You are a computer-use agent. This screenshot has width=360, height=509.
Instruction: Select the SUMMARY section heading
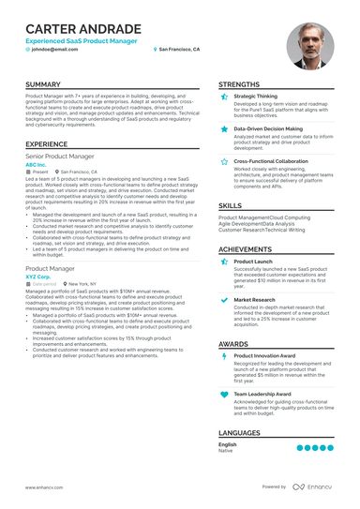point(44,84)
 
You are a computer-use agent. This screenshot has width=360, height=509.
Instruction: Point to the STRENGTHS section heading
point(239,84)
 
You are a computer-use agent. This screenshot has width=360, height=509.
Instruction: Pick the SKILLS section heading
point(230,204)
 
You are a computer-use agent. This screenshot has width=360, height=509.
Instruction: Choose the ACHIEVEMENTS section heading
point(246,249)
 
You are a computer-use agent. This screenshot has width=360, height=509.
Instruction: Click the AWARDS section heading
point(233,344)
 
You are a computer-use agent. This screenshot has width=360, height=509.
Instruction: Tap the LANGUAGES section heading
point(240,433)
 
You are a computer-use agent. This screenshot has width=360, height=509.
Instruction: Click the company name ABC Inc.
point(36,164)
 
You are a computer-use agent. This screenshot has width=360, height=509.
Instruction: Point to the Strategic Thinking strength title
point(255,96)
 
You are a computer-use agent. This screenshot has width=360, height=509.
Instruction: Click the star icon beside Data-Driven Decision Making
point(223,128)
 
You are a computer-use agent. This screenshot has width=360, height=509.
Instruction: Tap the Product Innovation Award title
point(264,356)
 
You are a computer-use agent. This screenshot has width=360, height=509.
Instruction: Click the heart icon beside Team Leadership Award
point(223,395)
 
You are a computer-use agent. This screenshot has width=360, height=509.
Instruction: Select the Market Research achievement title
point(254,299)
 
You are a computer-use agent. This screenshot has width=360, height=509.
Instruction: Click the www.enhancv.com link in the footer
point(43,487)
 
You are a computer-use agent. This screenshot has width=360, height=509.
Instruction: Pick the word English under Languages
point(228,443)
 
